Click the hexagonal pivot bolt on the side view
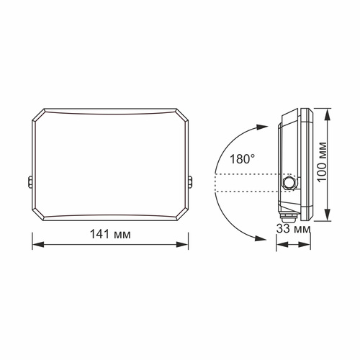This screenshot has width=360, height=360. pyautogui.click(x=289, y=183)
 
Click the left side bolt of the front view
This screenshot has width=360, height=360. pyautogui.click(x=30, y=184)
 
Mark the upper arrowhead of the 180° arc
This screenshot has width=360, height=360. pyautogui.click(x=255, y=127)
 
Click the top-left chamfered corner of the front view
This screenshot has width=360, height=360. pyautogui.click(x=38, y=116)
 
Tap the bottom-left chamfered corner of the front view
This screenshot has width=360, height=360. pyautogui.click(x=38, y=215)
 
